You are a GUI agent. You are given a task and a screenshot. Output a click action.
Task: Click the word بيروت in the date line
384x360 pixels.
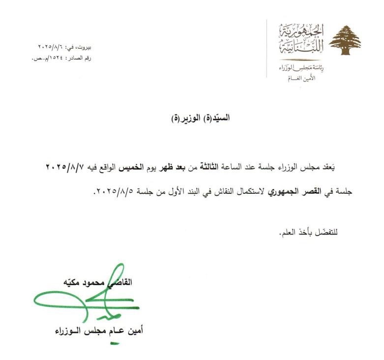85,48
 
